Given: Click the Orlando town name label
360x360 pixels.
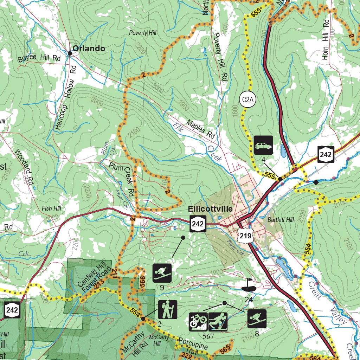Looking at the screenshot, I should [89, 49].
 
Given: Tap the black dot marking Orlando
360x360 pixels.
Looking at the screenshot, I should [70, 53].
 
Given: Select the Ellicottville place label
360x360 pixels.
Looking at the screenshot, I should [210, 209].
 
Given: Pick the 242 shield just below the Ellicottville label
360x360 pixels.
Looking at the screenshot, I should [198, 224].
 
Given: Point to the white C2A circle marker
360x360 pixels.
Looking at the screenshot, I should [247, 100].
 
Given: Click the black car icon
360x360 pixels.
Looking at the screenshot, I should [263, 145].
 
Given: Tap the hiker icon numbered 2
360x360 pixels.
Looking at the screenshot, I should [168, 309].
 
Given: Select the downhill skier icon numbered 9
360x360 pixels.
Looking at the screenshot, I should [162, 273].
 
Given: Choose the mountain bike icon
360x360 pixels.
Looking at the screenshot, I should [198, 322].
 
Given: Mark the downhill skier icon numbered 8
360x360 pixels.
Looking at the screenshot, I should [257, 319].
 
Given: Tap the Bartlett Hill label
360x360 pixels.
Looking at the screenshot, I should [280, 220].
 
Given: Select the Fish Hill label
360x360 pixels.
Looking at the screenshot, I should [51, 208].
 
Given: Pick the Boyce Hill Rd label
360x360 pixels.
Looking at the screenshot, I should [39, 58].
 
